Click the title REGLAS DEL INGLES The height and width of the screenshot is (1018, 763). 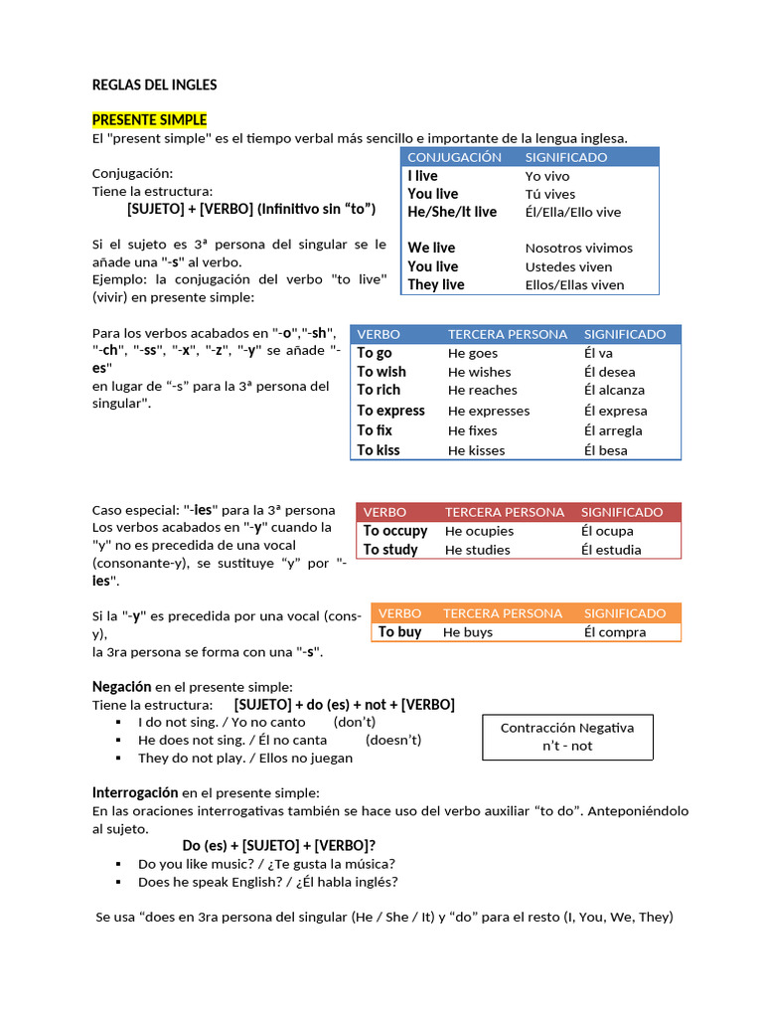click(154, 85)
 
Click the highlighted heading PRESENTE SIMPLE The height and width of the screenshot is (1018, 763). click(149, 120)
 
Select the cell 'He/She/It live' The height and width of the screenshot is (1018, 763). click(452, 212)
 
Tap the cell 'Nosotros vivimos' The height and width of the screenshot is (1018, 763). click(578, 249)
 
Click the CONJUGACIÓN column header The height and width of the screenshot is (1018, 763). click(455, 157)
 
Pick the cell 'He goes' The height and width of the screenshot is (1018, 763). click(472, 353)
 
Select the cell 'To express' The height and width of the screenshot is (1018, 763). click(390, 411)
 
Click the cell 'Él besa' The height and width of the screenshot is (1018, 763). click(605, 450)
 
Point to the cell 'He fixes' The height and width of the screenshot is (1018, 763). click(472, 430)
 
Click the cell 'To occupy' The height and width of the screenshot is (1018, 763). click(394, 531)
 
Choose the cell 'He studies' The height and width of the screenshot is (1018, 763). click(477, 550)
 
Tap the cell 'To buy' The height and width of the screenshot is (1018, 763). click(399, 632)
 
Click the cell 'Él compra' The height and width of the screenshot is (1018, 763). click(614, 632)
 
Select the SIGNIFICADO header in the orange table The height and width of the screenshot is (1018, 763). click(624, 613)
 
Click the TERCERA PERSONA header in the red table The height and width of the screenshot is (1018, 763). click(504, 512)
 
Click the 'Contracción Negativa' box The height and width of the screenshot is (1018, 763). click(567, 737)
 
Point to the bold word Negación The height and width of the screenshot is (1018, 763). click(121, 687)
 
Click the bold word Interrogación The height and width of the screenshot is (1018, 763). click(135, 792)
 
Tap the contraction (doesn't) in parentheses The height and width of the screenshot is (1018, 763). click(393, 740)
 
